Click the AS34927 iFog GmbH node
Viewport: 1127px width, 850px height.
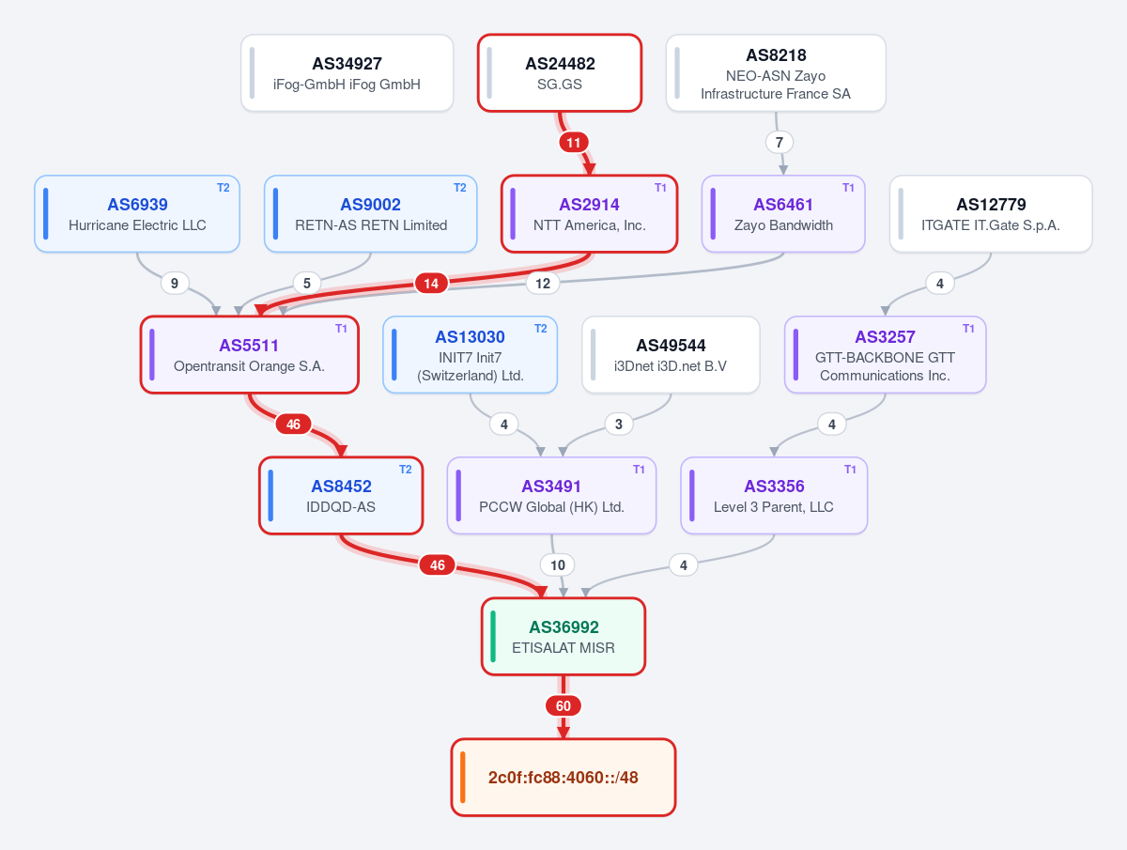coord(347,73)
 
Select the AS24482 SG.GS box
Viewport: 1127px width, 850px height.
coord(560,73)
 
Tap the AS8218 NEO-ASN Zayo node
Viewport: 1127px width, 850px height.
coord(776,73)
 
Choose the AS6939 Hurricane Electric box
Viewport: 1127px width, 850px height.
coord(137,214)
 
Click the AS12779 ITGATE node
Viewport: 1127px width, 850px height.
coord(991,214)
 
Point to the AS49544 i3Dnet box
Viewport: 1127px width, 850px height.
coord(671,355)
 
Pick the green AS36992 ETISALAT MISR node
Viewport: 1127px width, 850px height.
coord(563,637)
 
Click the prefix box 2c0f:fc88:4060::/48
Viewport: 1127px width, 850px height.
coord(563,777)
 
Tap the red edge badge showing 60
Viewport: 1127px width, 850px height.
coord(563,705)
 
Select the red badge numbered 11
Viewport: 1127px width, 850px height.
coord(574,142)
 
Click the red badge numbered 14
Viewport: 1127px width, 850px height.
coord(431,284)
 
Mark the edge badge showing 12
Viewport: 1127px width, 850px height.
coord(543,284)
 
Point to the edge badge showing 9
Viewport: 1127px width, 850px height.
coord(175,284)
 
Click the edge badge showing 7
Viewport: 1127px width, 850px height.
coord(780,142)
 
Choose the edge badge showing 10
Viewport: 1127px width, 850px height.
coord(558,565)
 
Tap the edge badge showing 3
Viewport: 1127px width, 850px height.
coord(619,425)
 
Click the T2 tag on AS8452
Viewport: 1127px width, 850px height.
coord(405,470)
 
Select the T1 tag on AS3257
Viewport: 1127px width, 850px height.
coord(968,329)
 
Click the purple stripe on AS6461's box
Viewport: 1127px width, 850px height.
coord(713,214)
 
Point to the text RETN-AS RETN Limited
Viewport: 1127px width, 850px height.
coord(371,225)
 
